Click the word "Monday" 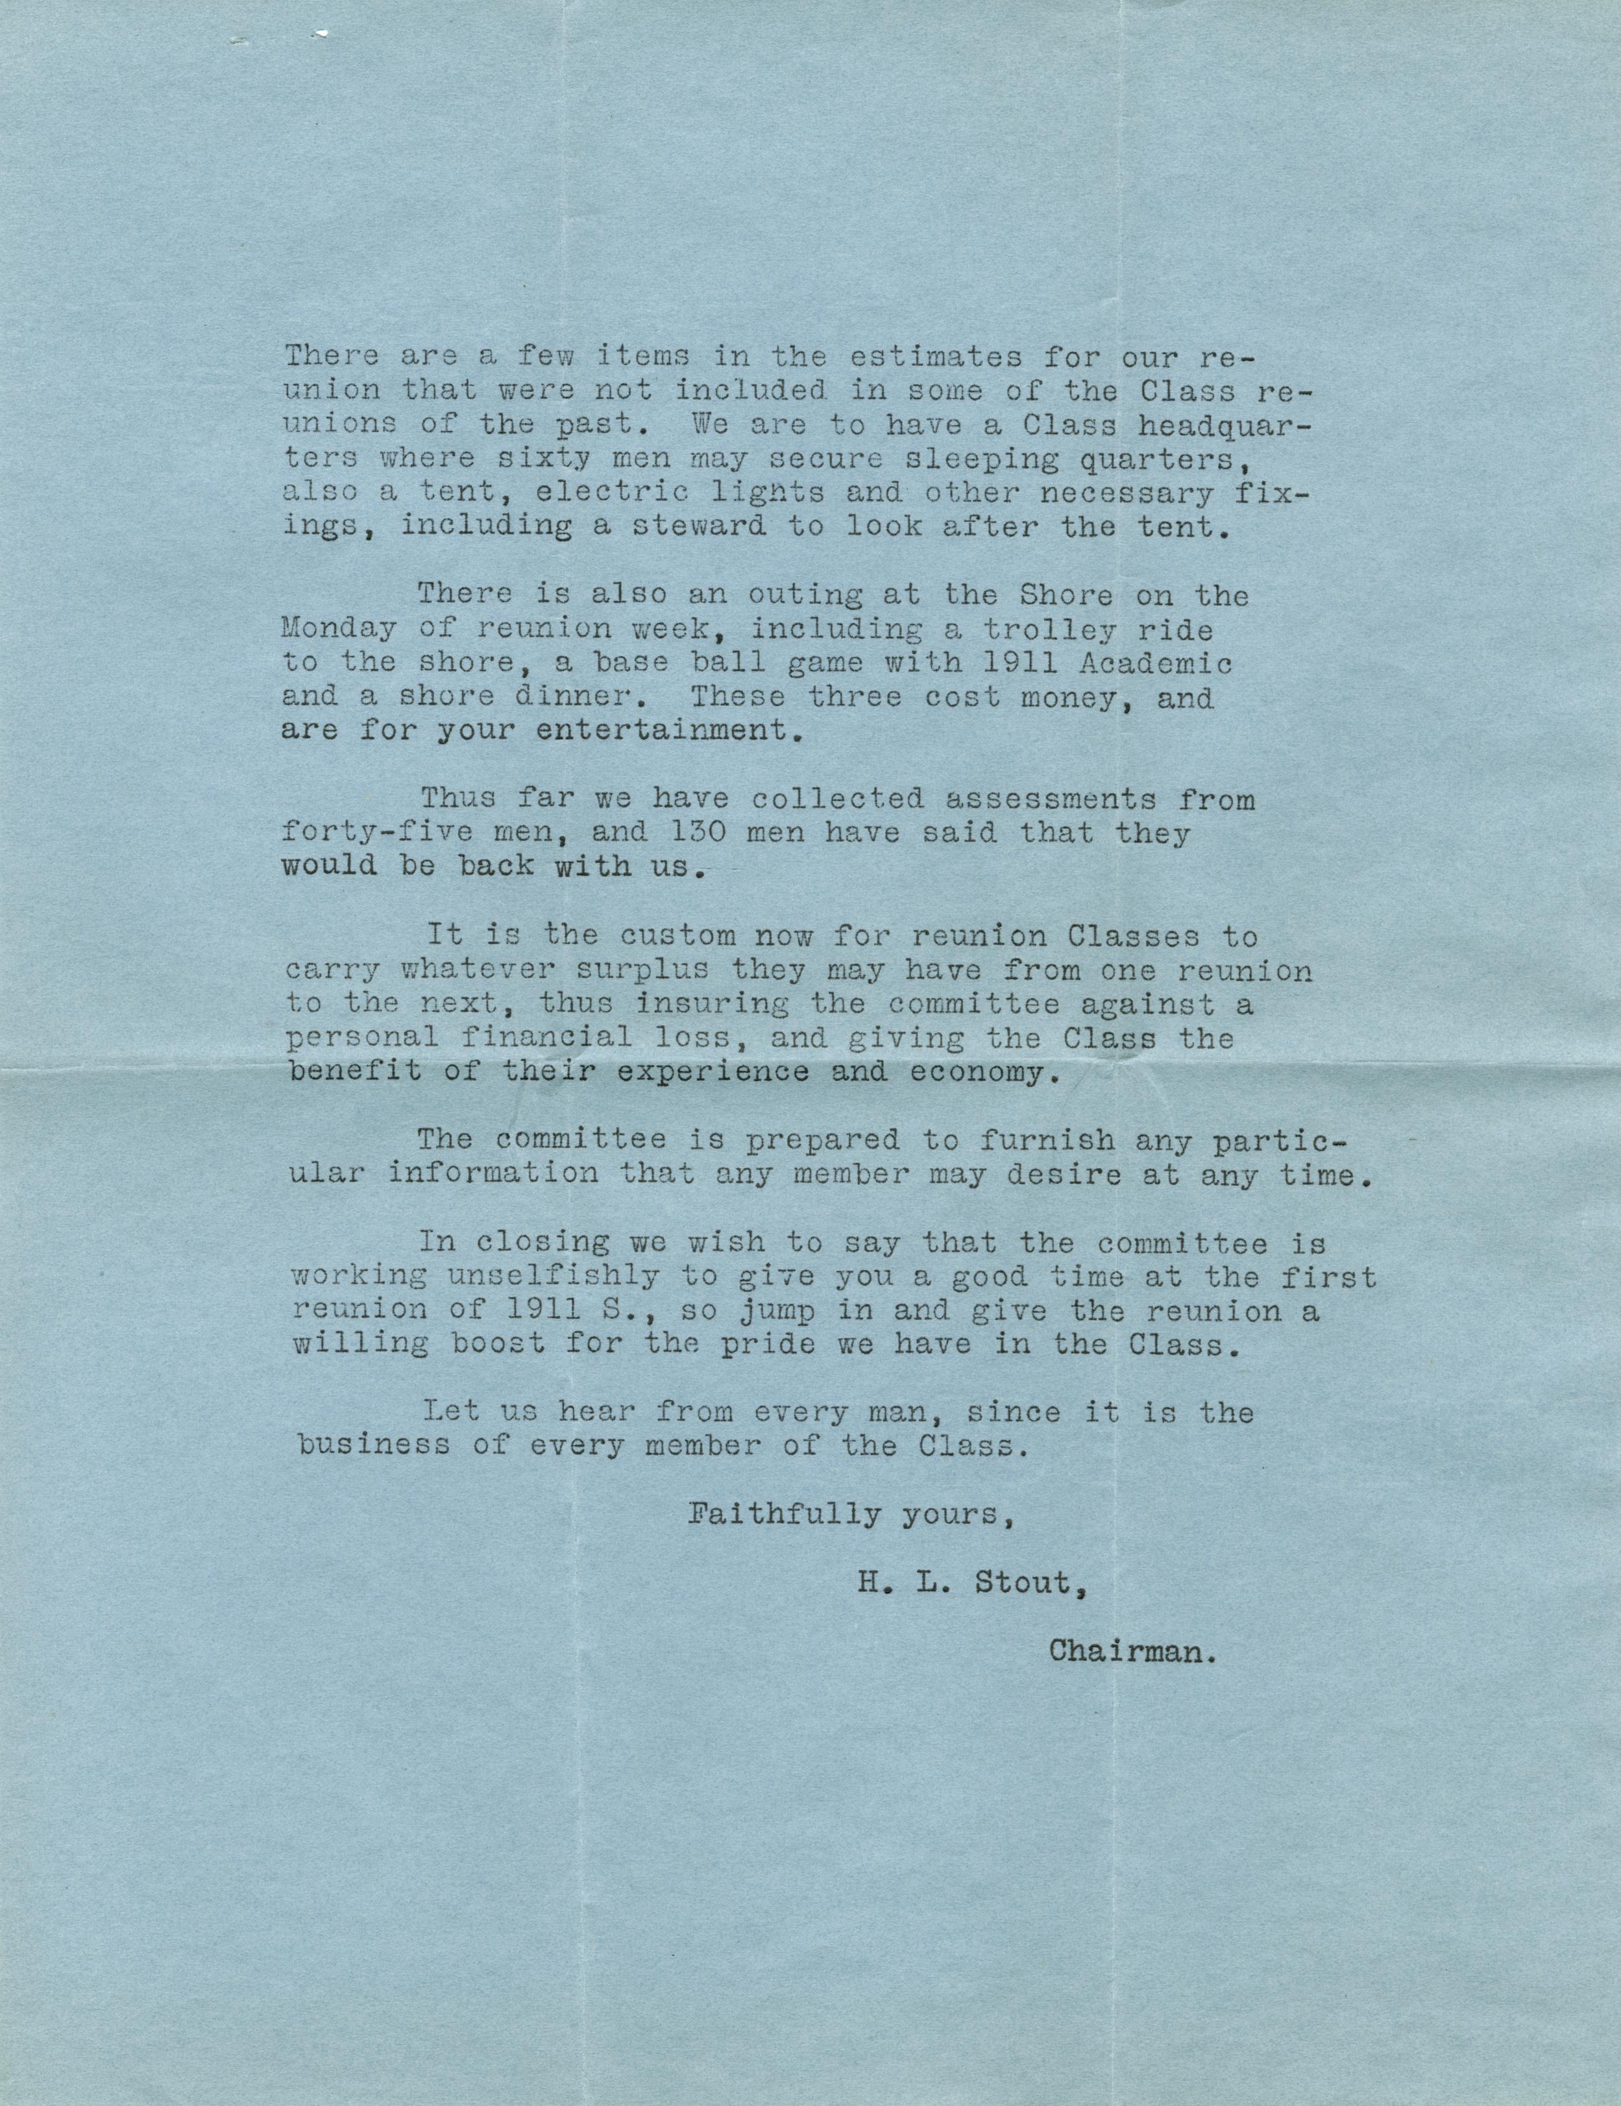(339, 629)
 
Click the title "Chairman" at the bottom (1130, 1651)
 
